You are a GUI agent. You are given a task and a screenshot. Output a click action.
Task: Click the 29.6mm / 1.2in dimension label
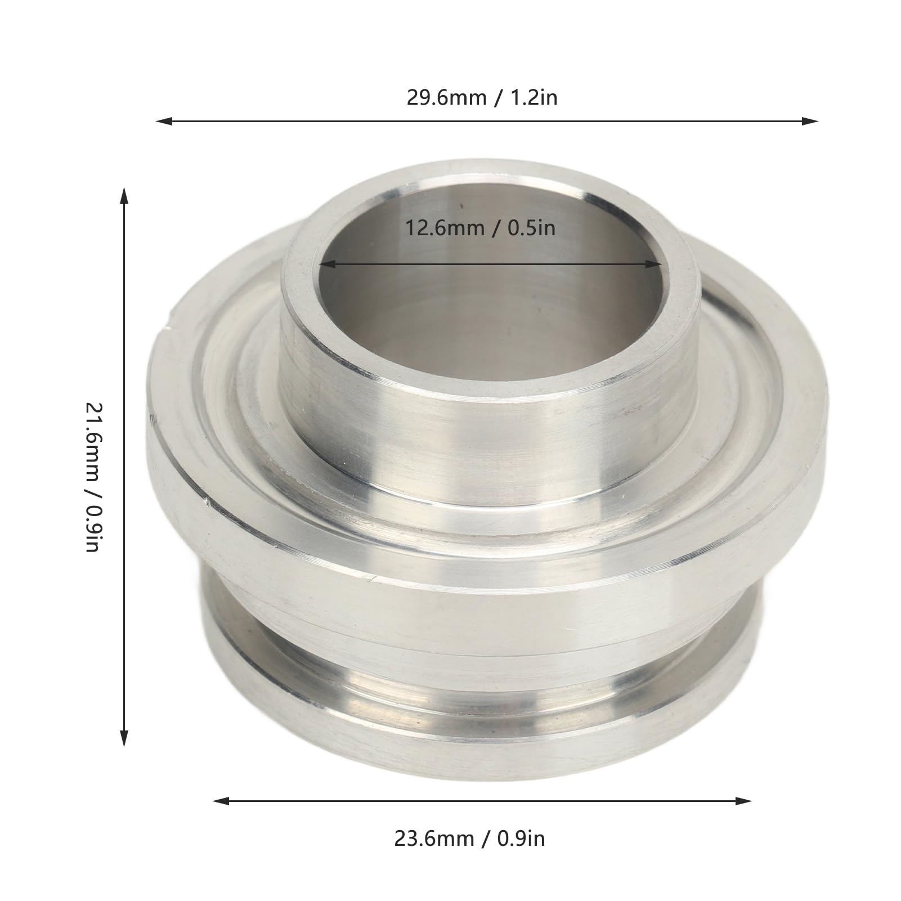[x=482, y=97]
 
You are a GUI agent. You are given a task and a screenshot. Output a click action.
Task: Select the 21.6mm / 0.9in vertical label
[x=92, y=477]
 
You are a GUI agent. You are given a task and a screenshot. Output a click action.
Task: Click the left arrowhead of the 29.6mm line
[x=164, y=120]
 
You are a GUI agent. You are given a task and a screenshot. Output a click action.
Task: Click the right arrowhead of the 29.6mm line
[x=810, y=120]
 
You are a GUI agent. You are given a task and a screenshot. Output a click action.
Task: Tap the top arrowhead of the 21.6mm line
[x=124, y=196]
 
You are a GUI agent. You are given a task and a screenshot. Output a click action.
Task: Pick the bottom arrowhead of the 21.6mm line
[x=124, y=738]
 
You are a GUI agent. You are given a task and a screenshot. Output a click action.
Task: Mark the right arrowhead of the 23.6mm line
[x=743, y=801]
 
